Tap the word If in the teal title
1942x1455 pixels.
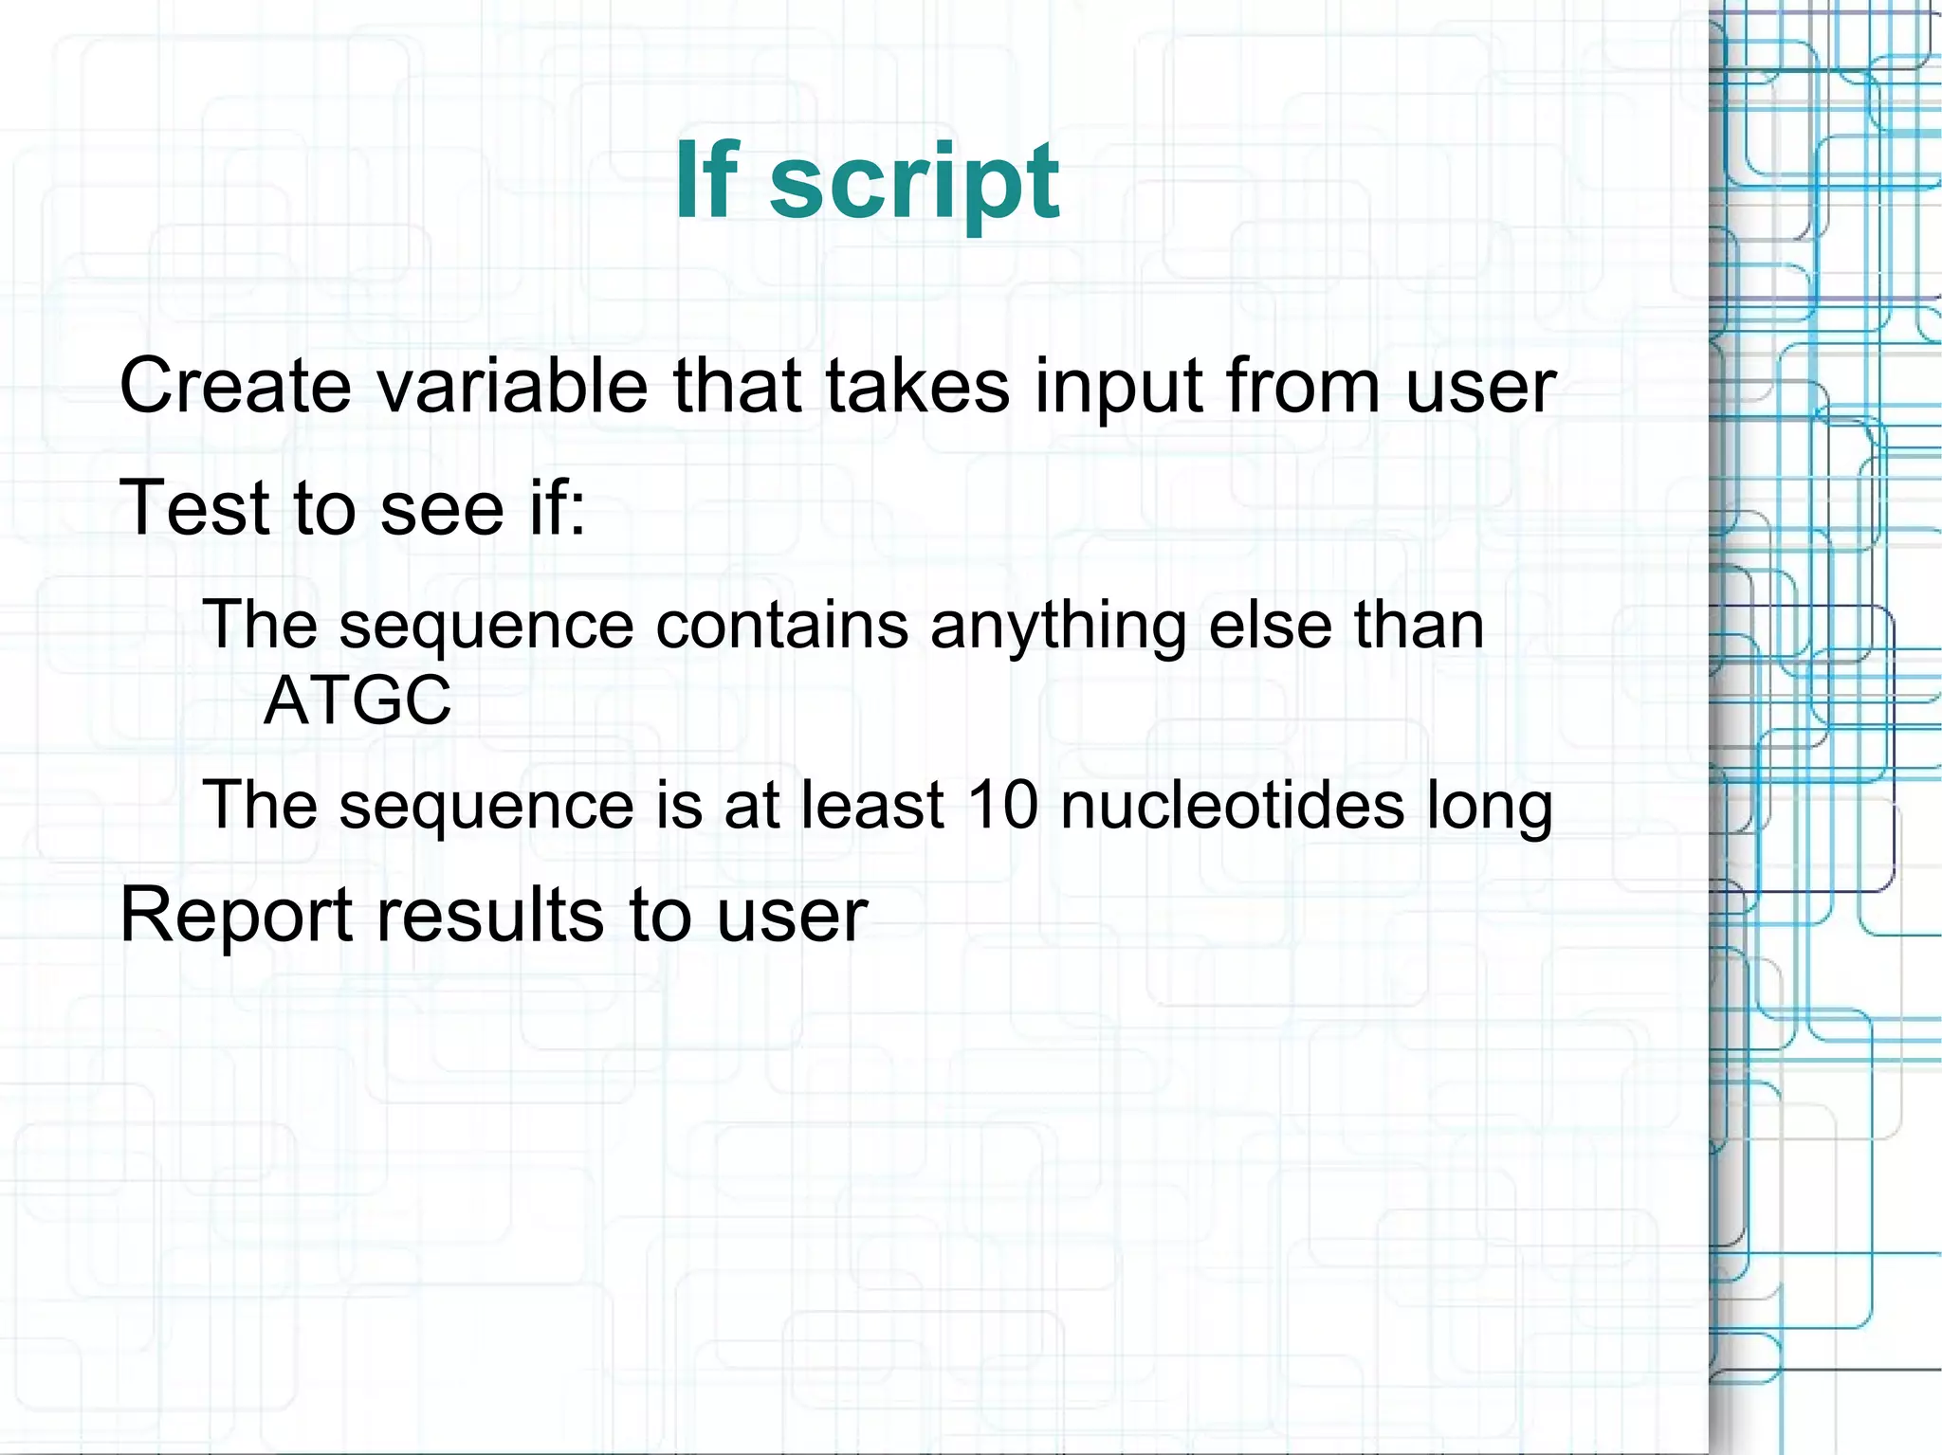point(706,180)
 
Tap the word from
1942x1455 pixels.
point(1303,386)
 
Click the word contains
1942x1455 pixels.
point(781,626)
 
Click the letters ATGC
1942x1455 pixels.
point(357,700)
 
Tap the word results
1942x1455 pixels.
point(490,916)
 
